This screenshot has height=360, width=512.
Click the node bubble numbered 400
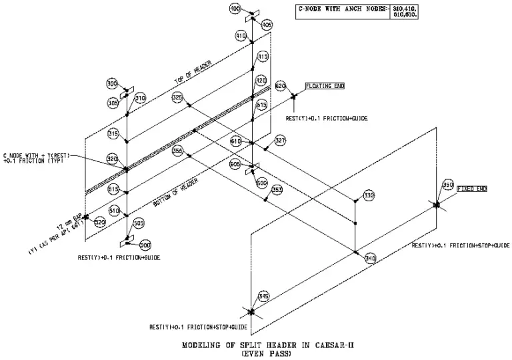click(234, 9)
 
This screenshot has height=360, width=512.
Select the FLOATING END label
click(326, 86)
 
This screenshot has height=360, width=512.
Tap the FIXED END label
click(472, 189)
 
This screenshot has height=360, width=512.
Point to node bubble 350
click(448, 184)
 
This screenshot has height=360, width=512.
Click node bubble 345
click(263, 296)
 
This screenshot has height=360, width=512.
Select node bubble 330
click(369, 196)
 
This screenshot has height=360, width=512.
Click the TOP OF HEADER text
click(193, 72)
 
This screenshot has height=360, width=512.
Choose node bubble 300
click(112, 84)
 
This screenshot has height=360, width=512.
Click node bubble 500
click(145, 245)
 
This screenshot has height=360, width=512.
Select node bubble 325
click(177, 97)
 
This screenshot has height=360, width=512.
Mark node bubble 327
click(280, 141)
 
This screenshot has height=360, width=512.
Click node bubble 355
click(177, 151)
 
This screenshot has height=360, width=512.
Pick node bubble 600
click(261, 182)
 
